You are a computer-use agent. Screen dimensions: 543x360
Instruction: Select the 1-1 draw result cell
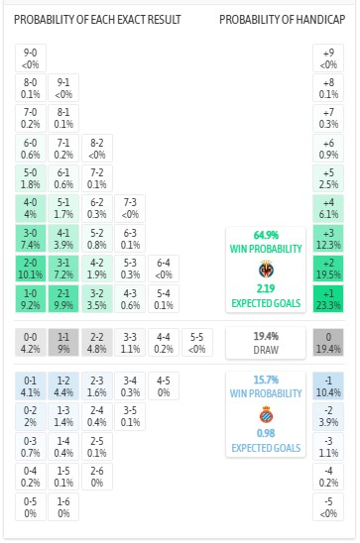(63, 343)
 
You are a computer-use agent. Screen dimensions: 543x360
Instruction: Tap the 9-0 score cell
(31, 57)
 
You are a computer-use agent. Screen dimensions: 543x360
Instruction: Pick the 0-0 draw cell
(31, 343)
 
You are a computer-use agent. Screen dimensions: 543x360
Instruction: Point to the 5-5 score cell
(196, 343)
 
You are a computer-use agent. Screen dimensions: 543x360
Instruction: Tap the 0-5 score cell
(31, 508)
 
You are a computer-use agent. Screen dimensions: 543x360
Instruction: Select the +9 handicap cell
(328, 57)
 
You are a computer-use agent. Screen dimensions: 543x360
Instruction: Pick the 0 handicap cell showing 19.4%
(328, 343)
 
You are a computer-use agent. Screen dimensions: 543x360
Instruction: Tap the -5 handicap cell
(328, 508)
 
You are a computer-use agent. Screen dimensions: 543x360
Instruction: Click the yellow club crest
(266, 269)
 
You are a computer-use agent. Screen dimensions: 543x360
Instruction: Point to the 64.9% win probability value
(266, 234)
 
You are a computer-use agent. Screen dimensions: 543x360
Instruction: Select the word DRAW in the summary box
(266, 349)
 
